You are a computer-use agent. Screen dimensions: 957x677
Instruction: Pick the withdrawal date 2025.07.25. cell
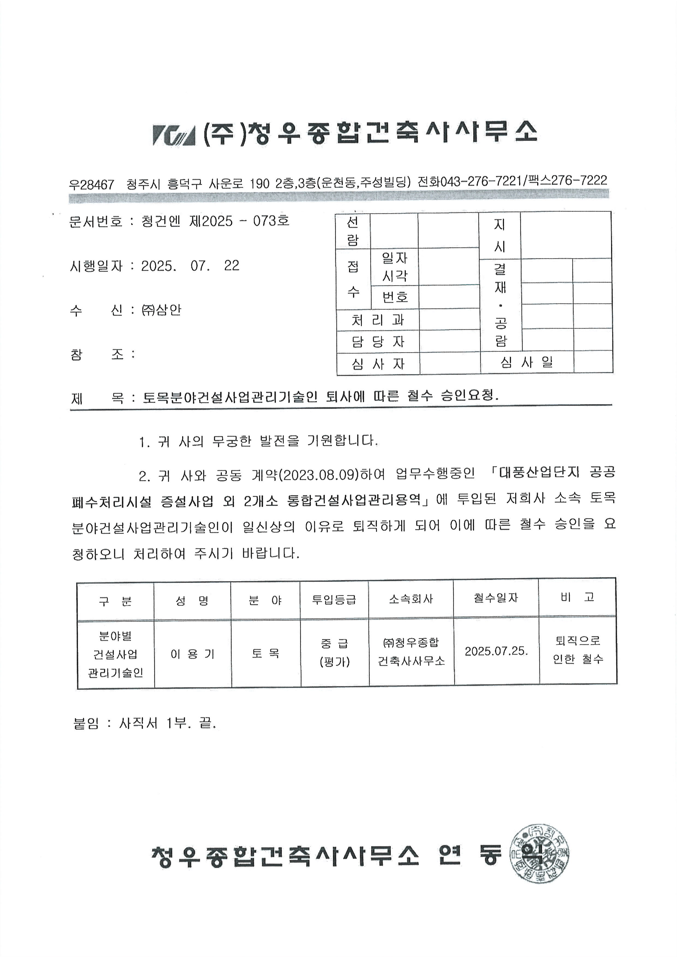click(496, 651)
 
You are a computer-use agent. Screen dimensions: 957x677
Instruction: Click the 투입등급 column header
click(334, 599)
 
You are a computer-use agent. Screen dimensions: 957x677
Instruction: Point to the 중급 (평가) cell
click(334, 652)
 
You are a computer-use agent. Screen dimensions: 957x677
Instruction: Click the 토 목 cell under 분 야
click(266, 653)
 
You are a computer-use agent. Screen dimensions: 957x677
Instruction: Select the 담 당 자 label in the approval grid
click(378, 342)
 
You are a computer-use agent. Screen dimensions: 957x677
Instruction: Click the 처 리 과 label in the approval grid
click(378, 320)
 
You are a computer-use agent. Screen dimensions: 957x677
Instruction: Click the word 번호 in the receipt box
click(395, 297)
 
